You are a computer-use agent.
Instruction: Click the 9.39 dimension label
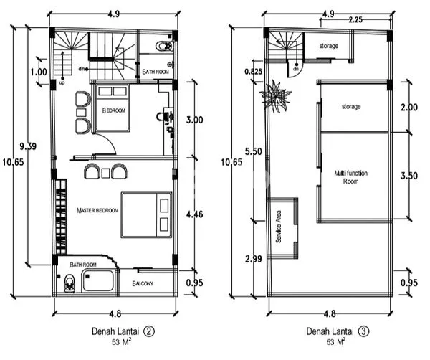28,146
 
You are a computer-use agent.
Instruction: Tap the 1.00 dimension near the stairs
39,72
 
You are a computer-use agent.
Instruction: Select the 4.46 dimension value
195,213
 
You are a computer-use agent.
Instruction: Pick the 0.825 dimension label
253,72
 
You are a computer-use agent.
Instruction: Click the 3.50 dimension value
409,175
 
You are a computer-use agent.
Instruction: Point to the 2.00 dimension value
409,107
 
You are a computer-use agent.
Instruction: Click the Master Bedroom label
97,210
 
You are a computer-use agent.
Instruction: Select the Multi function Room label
350,177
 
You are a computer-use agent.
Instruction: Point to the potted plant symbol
276,94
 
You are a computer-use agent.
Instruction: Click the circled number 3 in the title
364,331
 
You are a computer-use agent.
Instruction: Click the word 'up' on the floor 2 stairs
62,82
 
